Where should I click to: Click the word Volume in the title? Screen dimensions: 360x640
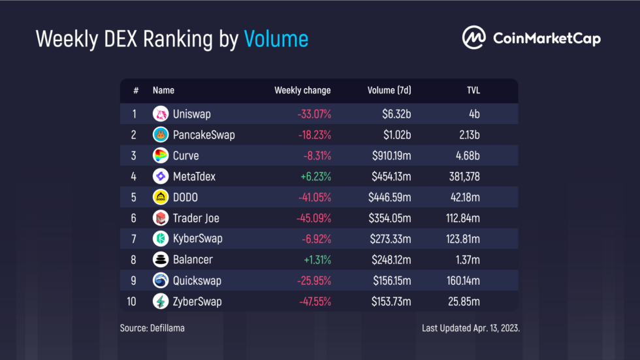(x=276, y=39)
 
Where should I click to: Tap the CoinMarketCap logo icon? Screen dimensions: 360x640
(x=473, y=37)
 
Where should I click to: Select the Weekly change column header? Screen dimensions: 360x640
(x=302, y=90)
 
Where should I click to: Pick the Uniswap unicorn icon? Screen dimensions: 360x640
(x=160, y=114)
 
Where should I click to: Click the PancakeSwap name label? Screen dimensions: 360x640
(x=204, y=135)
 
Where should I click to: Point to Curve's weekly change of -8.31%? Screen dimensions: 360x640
(x=315, y=156)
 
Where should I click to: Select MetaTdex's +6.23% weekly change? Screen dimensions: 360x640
(x=315, y=176)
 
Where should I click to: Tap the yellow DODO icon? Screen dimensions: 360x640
(x=160, y=197)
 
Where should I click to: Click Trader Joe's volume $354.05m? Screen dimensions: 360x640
(x=389, y=218)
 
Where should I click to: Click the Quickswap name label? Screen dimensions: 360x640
(x=197, y=281)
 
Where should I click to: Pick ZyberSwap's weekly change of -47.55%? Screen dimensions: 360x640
(x=314, y=302)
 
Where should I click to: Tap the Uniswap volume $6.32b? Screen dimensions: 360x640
(x=396, y=114)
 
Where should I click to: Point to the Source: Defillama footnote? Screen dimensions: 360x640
(x=152, y=328)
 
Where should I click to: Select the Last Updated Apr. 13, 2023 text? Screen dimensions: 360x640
(x=471, y=328)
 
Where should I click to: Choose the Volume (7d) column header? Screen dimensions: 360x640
(x=389, y=90)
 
